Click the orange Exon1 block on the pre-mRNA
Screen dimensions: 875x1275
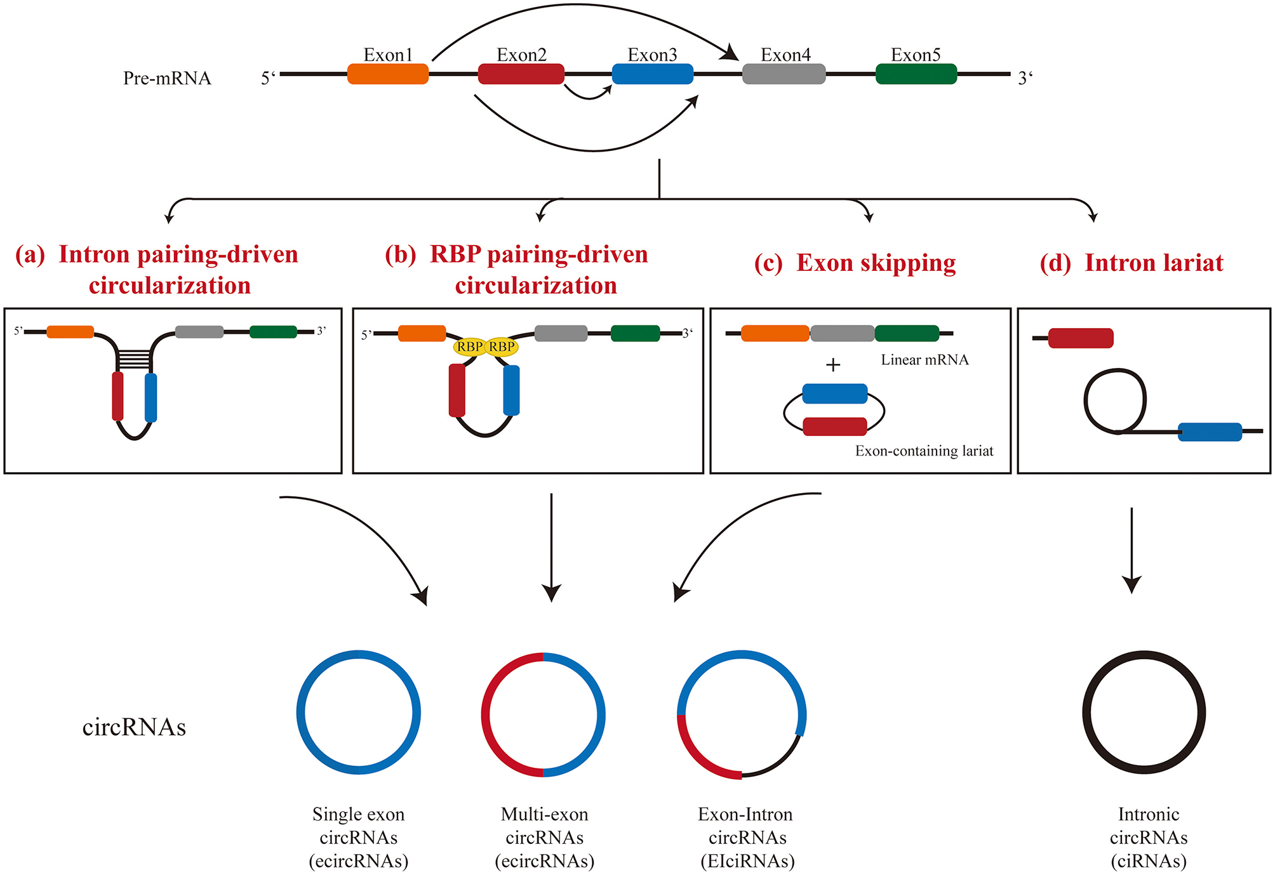pos(388,74)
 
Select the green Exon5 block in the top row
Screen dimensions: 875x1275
pos(916,74)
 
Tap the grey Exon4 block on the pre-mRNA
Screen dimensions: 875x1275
pos(784,74)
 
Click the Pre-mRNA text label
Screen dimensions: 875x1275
pos(167,78)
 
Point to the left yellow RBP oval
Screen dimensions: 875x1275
pos(470,346)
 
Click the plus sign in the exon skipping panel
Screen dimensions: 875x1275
pos(832,365)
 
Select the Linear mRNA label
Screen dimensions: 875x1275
pos(925,360)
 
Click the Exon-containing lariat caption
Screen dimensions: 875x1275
pos(924,451)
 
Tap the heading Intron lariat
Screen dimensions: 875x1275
pos(1131,263)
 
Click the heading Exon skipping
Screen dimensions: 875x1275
pos(855,263)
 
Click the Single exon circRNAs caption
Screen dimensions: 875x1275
pos(358,837)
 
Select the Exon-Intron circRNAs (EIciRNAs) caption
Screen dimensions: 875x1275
pos(747,837)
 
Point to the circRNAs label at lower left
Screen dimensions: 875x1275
pos(134,727)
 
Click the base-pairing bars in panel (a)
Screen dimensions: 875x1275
pos(134,360)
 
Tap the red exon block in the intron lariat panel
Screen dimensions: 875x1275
pos(1080,338)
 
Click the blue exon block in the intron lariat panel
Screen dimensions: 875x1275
pos(1210,431)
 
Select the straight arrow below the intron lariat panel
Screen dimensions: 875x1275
pos(1131,549)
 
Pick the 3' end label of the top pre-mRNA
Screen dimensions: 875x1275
pos(1025,78)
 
